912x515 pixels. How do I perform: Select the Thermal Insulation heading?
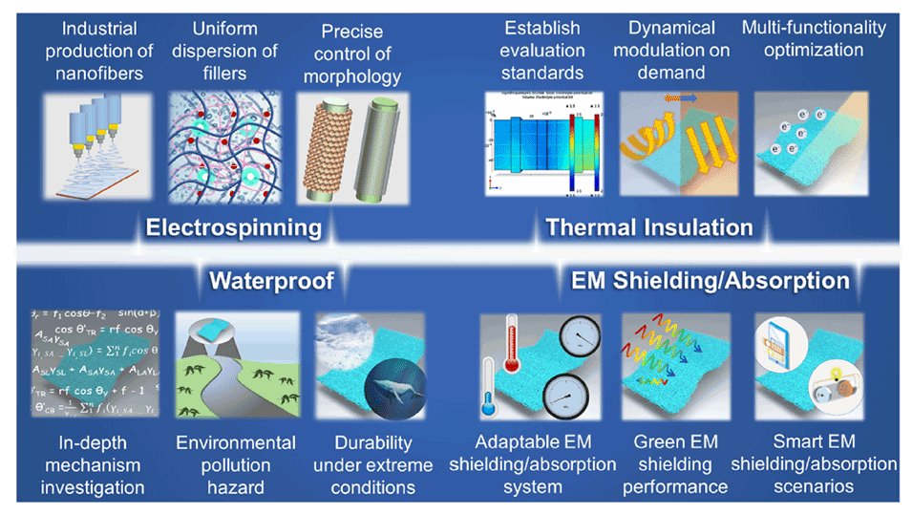click(x=648, y=227)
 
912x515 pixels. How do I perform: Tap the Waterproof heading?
click(x=271, y=280)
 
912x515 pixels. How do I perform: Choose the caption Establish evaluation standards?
click(x=540, y=52)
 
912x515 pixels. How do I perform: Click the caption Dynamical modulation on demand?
click(x=678, y=52)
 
